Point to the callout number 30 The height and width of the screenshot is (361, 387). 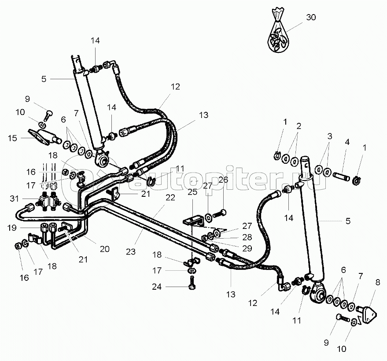pyautogui.click(x=311, y=18)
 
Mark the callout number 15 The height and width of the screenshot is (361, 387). pyautogui.click(x=12, y=138)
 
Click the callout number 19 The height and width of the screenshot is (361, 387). pyautogui.click(x=12, y=228)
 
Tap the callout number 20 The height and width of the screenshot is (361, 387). pyautogui.click(x=104, y=249)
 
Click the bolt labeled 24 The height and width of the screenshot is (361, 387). pyautogui.click(x=192, y=283)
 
